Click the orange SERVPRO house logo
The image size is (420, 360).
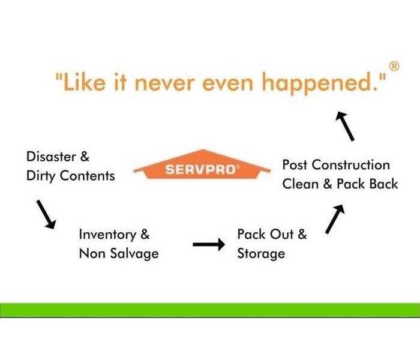tap(202, 164)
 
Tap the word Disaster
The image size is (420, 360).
tap(51, 157)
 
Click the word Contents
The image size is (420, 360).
tap(88, 176)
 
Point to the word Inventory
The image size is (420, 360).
tap(107, 235)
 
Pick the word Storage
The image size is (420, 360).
tap(261, 254)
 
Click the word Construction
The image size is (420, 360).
tap(351, 165)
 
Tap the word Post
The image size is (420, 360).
tap(295, 165)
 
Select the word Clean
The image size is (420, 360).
tap(300, 184)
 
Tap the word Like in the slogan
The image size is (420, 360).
tap(85, 82)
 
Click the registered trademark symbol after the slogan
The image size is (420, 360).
tap(394, 67)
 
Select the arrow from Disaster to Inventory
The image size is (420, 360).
tap(46, 214)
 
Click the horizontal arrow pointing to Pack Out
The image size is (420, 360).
tap(209, 244)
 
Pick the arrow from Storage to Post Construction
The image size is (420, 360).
tap(335, 218)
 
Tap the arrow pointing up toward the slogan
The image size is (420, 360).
tap(345, 126)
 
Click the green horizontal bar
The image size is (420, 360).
tap(210, 310)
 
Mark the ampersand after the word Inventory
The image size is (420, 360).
tap(145, 235)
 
